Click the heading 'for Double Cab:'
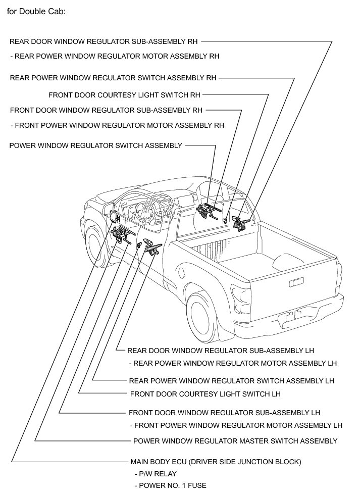pyautogui.click(x=36, y=11)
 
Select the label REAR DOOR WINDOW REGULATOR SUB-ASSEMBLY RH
pyautogui.click(x=104, y=41)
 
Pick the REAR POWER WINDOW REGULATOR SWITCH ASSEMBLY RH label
pyautogui.click(x=113, y=78)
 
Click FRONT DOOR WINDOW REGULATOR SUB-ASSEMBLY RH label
pyautogui.click(x=106, y=110)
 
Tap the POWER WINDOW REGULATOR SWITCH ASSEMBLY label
pyautogui.click(x=95, y=145)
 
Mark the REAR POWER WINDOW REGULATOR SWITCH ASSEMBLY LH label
pyautogui.click(x=232, y=381)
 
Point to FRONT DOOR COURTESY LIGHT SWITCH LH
pyautogui.click(x=205, y=394)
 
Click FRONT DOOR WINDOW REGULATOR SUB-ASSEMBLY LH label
pyautogui.click(x=224, y=413)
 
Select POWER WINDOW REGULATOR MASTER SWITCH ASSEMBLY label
pyautogui.click(x=235, y=441)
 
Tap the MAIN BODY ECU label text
pyautogui.click(x=216, y=462)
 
